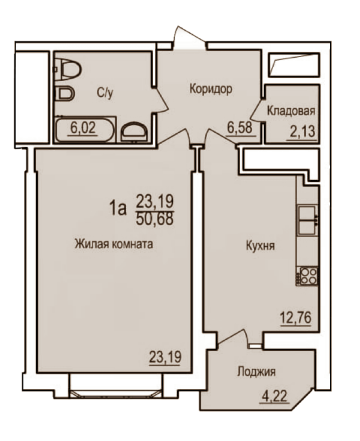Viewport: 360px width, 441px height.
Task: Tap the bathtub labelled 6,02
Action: pyautogui.click(x=85, y=130)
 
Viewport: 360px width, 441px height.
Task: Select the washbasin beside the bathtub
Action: pyautogui.click(x=134, y=131)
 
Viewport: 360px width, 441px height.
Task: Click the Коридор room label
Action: pyautogui.click(x=211, y=89)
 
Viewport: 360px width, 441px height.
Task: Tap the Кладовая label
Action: pyautogui.click(x=291, y=111)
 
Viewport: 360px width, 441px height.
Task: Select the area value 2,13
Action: pyautogui.click(x=302, y=131)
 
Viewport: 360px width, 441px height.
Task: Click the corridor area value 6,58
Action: pyautogui.click(x=239, y=128)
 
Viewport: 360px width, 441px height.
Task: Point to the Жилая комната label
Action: pyautogui.click(x=114, y=243)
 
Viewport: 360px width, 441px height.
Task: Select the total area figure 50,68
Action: pyautogui.click(x=154, y=219)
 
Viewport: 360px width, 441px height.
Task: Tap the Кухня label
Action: pyautogui.click(x=260, y=246)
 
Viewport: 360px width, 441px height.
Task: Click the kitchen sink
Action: pyautogui.click(x=307, y=220)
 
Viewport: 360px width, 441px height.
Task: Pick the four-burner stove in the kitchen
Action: pyautogui.click(x=307, y=276)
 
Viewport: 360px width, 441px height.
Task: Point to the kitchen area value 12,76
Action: pyautogui.click(x=295, y=318)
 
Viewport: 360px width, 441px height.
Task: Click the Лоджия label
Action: pyautogui.click(x=256, y=372)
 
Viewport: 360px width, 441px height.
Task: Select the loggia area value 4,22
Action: pyautogui.click(x=274, y=396)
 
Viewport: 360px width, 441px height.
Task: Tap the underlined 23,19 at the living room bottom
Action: pyautogui.click(x=165, y=357)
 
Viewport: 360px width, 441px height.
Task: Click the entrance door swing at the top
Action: pyautogui.click(x=189, y=37)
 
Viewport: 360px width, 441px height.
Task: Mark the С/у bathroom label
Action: pyautogui.click(x=105, y=93)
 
